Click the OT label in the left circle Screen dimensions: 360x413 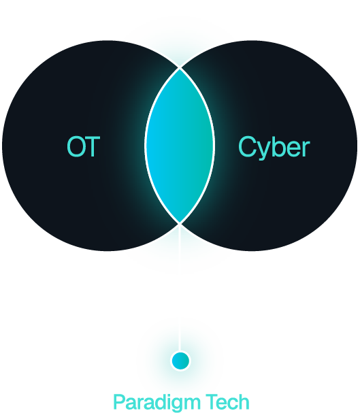coord(84,146)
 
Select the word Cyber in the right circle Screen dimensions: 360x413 coord(274,148)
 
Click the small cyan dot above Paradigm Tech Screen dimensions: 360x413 coord(180,361)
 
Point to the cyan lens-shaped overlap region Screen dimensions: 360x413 coord(180,146)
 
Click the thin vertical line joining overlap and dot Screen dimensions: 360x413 coord(180,288)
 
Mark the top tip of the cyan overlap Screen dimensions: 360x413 coord(180,68)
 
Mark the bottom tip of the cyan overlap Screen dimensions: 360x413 coord(180,224)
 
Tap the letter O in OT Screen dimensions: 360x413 coord(76,146)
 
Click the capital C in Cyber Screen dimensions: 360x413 coord(247,146)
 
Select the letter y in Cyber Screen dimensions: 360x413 coord(265,150)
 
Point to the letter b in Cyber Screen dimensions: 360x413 coord(280,147)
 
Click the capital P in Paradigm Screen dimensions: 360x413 coord(119,401)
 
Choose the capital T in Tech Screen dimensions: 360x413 coord(211,401)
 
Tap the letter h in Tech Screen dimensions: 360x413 coord(244,401)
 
